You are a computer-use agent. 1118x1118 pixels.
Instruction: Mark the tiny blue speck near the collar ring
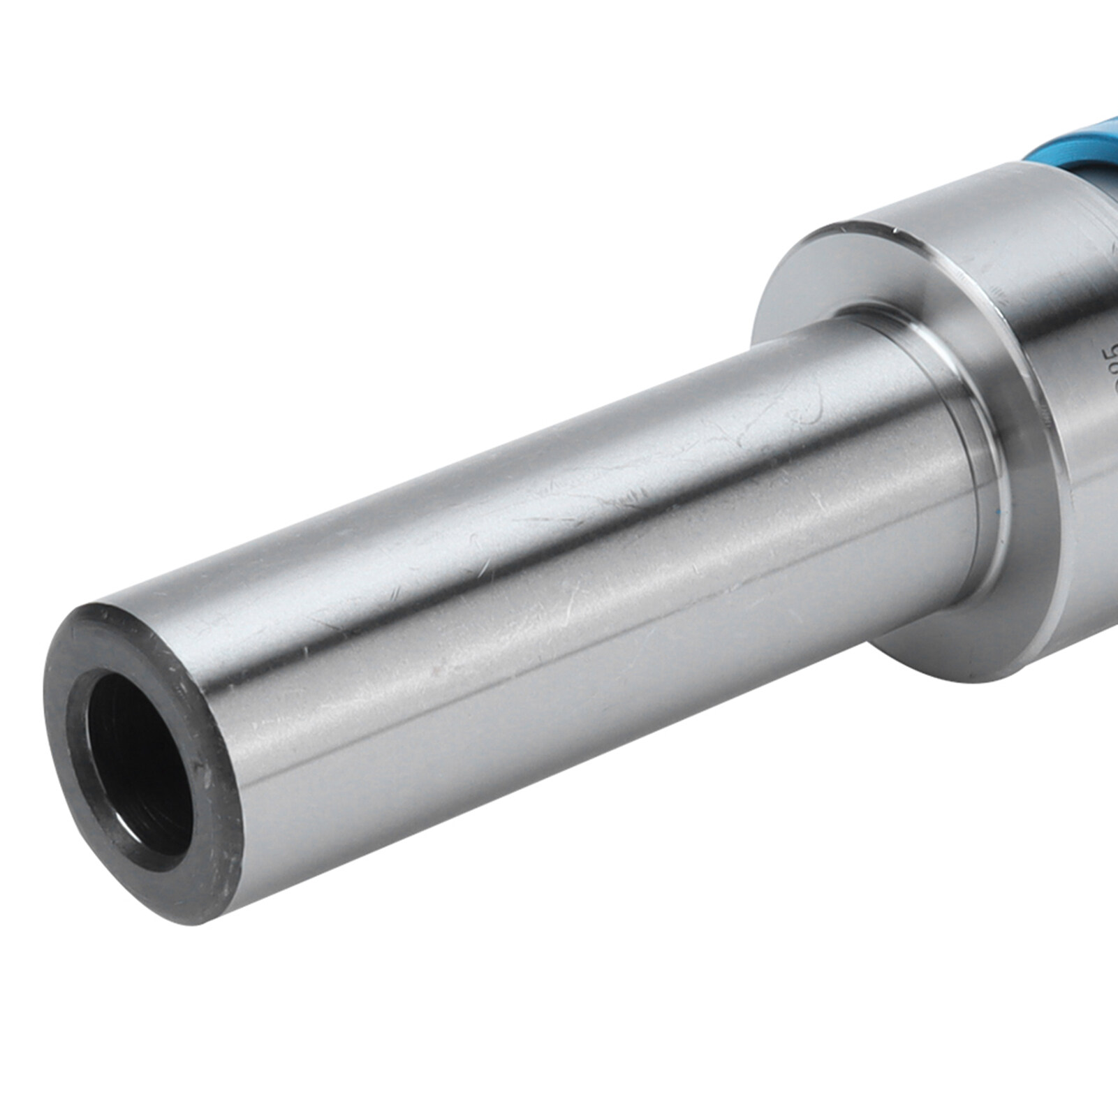tap(1003, 513)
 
